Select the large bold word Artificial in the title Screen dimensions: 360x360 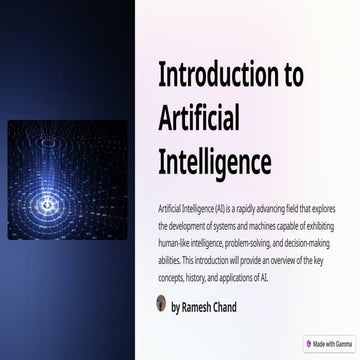click(x=199, y=118)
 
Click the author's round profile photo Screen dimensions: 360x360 click(x=162, y=304)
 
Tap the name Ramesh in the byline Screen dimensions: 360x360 click(x=201, y=307)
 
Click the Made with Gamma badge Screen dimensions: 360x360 click(x=331, y=342)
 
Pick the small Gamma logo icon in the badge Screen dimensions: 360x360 click(x=310, y=342)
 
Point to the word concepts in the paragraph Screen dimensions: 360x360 click(x=177, y=279)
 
